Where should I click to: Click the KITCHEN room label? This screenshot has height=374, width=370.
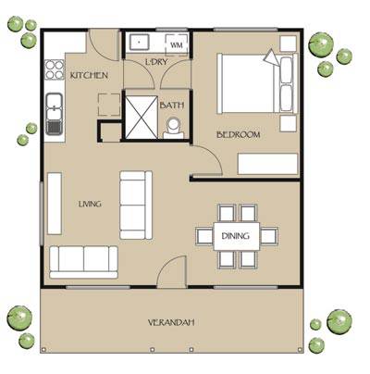click(x=89, y=75)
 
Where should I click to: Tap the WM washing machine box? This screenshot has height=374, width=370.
click(x=176, y=44)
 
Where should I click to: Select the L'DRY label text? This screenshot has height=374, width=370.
click(x=156, y=62)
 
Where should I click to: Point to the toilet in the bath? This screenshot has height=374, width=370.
click(x=173, y=128)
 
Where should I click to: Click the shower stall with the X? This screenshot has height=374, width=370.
click(x=142, y=118)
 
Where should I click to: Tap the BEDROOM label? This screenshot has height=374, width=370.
click(x=239, y=135)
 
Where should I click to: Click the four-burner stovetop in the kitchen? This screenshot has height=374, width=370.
click(x=55, y=69)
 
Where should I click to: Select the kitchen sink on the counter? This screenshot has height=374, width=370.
click(x=55, y=114)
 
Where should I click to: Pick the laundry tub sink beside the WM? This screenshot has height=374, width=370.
click(x=140, y=42)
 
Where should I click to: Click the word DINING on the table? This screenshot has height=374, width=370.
click(x=236, y=236)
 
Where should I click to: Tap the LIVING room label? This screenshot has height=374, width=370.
click(x=90, y=204)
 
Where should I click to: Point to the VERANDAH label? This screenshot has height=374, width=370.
click(x=171, y=323)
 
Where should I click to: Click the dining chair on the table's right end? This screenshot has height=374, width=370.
click(x=269, y=236)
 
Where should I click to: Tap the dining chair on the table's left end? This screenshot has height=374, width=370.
click(x=204, y=236)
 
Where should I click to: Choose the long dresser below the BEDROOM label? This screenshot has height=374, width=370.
click(x=267, y=164)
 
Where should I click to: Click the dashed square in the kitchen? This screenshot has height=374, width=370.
click(x=109, y=105)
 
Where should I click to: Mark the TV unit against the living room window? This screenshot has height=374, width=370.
click(x=55, y=204)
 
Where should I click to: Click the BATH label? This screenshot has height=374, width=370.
click(x=172, y=106)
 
